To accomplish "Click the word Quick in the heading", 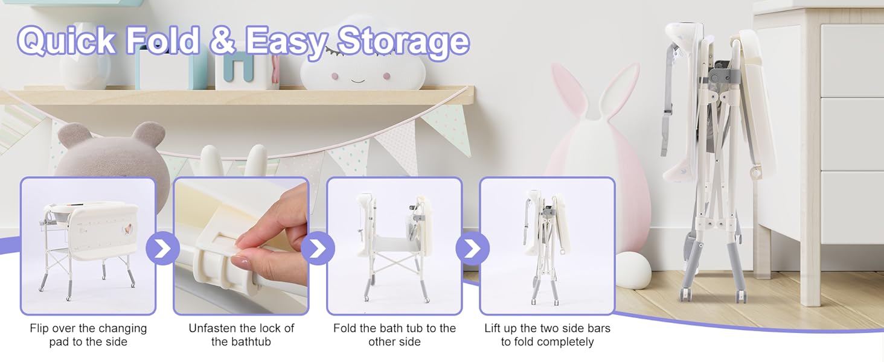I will [66, 41].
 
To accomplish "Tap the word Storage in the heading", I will [403, 41].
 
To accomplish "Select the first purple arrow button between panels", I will [163, 248].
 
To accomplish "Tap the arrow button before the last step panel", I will [472, 248].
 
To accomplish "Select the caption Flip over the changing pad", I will [88, 335].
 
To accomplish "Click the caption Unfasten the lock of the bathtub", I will [241, 335].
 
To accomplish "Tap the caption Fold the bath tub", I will [394, 335].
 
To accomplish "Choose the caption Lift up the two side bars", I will [547, 335].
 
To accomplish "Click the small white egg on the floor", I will [633, 270].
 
